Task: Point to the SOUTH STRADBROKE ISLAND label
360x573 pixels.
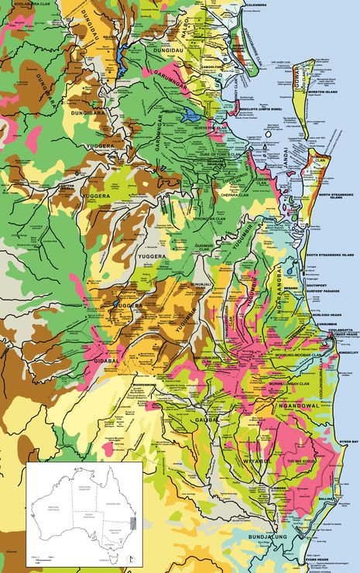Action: coord(330,255)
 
